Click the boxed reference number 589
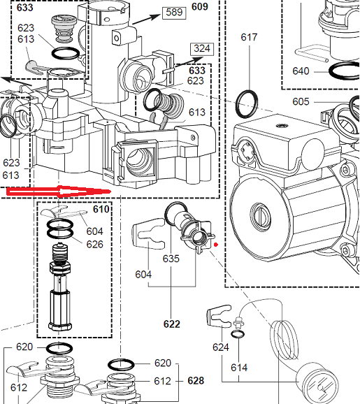tap(174, 13)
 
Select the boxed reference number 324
tap(202, 49)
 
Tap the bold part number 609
tap(200, 6)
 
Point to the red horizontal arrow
tap(59, 192)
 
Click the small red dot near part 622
tap(216, 245)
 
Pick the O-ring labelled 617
tap(247, 104)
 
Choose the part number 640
tap(301, 71)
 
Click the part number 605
tap(301, 101)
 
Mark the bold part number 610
tap(101, 209)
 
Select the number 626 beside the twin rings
tap(94, 244)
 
